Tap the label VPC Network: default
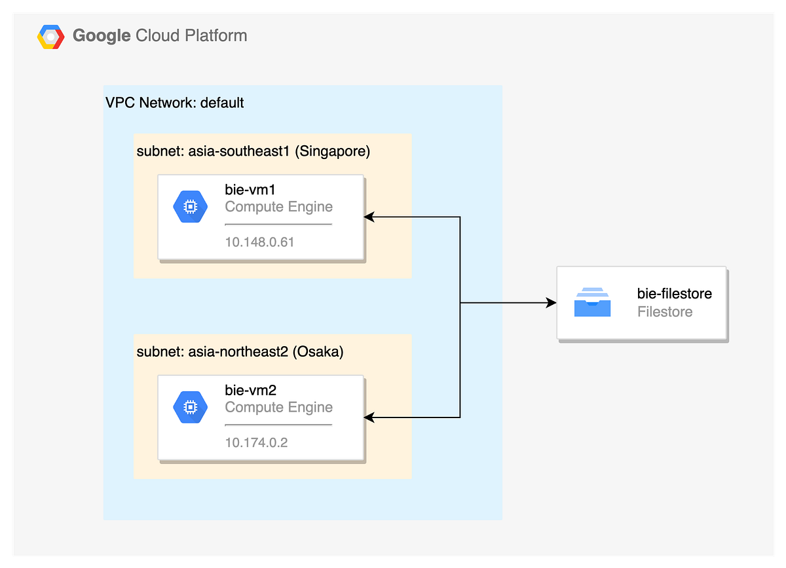[x=174, y=103]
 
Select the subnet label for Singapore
[x=253, y=151]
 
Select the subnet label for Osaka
[x=240, y=351]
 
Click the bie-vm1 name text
[x=250, y=190]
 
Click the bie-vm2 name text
[x=250, y=391]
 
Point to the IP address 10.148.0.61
[x=259, y=242]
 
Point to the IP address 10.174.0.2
[x=256, y=442]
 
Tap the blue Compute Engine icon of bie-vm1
[x=190, y=207]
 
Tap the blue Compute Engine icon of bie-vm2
[x=190, y=407]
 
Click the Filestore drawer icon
[x=592, y=302]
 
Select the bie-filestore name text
[x=674, y=294]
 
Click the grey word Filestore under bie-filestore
[x=664, y=311]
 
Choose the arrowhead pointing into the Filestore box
[x=551, y=303]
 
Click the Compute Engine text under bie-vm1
[x=278, y=207]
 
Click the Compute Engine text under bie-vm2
[x=278, y=407]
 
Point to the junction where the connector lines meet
[x=460, y=303]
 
